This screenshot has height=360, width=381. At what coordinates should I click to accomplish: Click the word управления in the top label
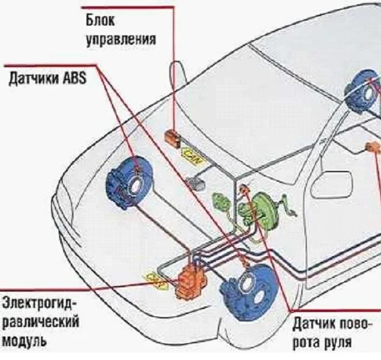(x=121, y=40)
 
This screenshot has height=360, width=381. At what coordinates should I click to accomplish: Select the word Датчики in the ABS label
(x=32, y=80)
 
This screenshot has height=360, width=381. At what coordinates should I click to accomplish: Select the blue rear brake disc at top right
(x=364, y=93)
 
